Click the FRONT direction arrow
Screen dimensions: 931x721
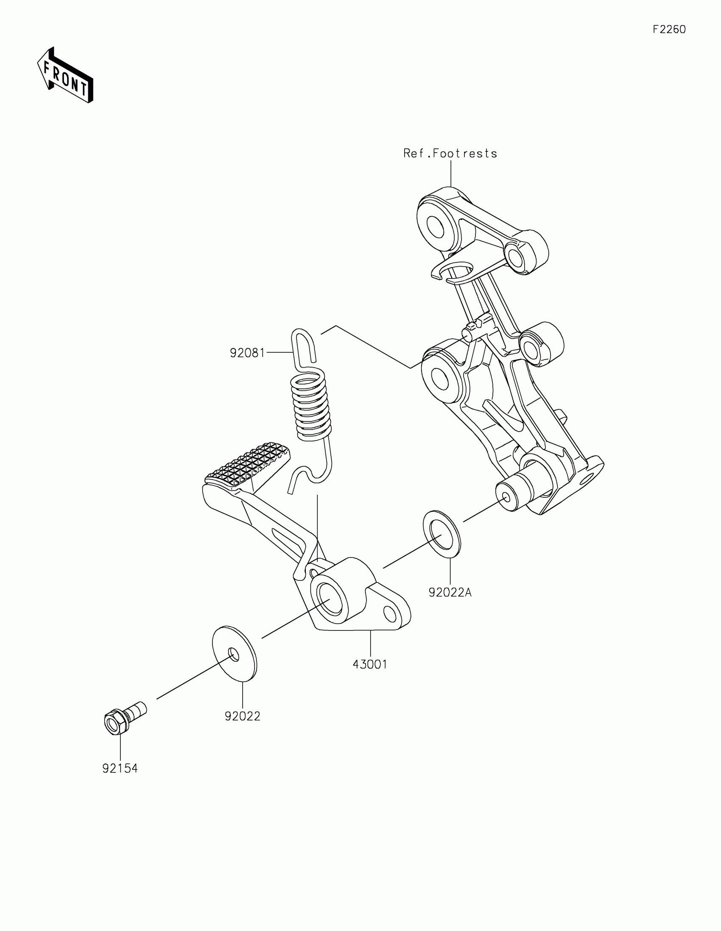point(65,75)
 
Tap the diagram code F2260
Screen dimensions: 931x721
point(669,29)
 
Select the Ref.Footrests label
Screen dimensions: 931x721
point(450,153)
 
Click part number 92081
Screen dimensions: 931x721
point(247,353)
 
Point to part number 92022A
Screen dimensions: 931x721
point(450,592)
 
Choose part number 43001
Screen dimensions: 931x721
point(370,664)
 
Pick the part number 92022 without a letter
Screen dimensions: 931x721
point(242,716)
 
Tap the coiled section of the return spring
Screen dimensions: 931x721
point(310,407)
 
